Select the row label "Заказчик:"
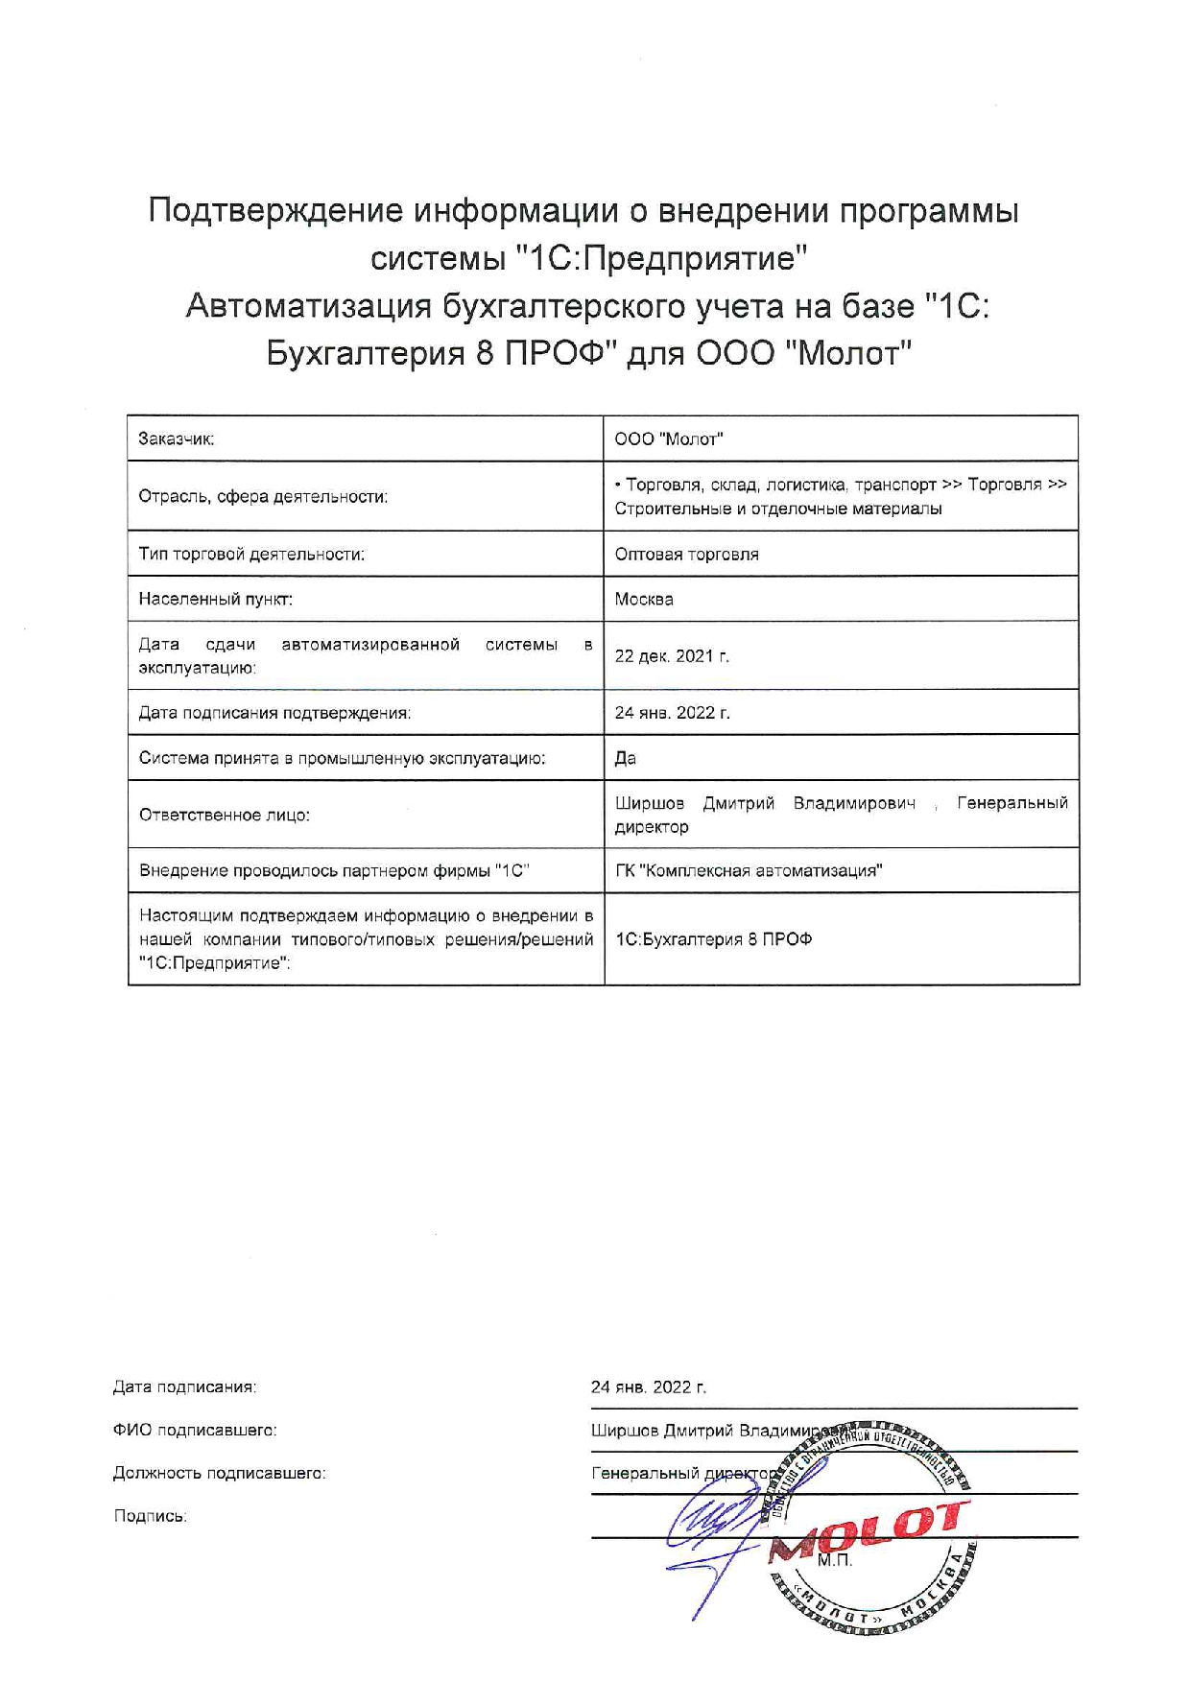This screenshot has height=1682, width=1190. (177, 439)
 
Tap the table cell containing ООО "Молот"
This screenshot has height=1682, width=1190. (669, 439)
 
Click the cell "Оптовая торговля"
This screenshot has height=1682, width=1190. (687, 554)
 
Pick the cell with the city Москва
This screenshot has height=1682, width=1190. (644, 599)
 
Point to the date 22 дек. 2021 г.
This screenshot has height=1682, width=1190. (672, 656)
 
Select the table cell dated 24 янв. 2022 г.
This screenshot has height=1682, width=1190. (672, 713)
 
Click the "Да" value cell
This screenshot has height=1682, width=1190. (626, 758)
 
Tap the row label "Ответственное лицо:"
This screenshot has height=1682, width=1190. (225, 815)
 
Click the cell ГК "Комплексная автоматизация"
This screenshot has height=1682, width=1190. (749, 870)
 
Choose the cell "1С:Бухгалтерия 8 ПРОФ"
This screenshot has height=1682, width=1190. (713, 939)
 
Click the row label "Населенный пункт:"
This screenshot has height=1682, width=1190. (216, 599)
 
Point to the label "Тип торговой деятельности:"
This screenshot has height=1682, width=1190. (251, 554)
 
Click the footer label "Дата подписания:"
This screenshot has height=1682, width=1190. (184, 1386)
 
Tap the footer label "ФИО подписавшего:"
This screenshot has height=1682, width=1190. (195, 1430)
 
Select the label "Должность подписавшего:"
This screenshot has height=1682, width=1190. (219, 1473)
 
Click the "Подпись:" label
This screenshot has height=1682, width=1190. (150, 1516)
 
